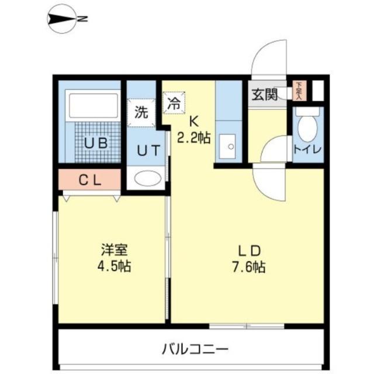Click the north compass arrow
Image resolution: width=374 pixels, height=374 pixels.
(x=61, y=20)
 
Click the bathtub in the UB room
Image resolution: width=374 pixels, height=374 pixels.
(x=92, y=106)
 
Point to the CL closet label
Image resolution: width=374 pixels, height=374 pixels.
(x=91, y=180)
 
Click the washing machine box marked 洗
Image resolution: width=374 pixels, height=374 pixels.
(x=140, y=112)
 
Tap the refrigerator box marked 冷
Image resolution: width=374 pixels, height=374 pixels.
(x=174, y=105)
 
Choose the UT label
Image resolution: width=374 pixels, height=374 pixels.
(x=147, y=150)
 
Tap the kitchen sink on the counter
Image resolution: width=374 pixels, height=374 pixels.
(x=227, y=146)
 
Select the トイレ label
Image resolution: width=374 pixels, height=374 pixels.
(x=307, y=149)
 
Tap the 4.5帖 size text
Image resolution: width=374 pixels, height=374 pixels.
(x=113, y=267)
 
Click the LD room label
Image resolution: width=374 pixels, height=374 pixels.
(x=248, y=251)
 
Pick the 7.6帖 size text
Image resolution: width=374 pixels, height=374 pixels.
(x=248, y=268)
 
